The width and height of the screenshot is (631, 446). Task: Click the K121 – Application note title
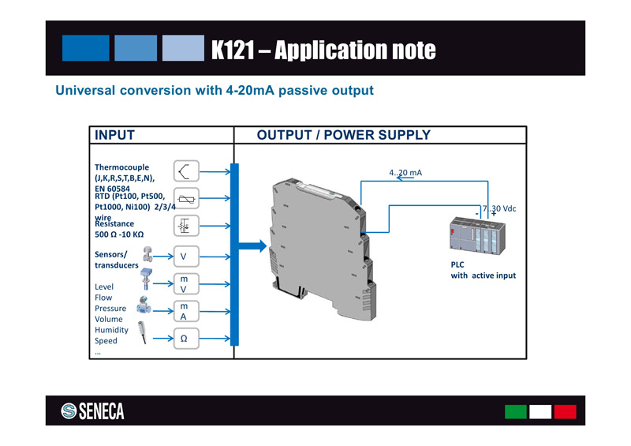323,50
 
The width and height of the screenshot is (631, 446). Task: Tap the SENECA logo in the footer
93,411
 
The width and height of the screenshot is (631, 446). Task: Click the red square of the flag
565,411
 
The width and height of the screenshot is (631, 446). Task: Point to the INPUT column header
114,135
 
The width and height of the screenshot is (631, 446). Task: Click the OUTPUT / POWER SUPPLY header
344,135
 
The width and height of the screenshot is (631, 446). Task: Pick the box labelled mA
184,311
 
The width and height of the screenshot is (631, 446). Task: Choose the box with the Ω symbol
184,339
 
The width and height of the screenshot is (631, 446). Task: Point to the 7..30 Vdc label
498,208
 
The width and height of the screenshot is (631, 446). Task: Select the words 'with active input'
483,276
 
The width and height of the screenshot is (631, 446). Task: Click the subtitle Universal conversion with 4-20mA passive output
214,91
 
